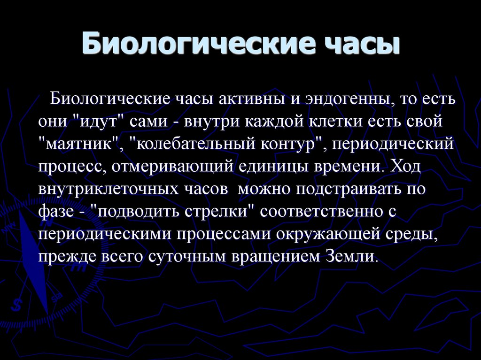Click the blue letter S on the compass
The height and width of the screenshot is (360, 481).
(x=17, y=304)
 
